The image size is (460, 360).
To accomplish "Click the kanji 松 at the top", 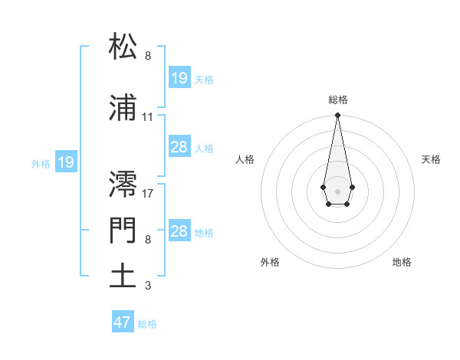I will (x=123, y=47).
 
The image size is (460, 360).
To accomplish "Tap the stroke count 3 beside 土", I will (x=147, y=286).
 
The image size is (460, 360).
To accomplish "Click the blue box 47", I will (x=123, y=322).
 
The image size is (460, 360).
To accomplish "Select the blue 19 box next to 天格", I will (x=179, y=78).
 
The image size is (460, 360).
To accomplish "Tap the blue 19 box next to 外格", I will (x=66, y=162).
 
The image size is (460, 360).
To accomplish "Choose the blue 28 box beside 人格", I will (x=179, y=147).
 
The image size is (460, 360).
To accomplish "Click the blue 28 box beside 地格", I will (x=179, y=231).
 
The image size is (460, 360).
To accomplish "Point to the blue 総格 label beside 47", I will (x=147, y=324).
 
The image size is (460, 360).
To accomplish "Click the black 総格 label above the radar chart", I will (x=337, y=100).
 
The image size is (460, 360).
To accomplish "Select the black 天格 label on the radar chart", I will (x=431, y=159).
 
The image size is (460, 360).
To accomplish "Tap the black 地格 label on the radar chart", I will (x=402, y=262).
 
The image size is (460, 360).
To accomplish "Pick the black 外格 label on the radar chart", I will (x=270, y=262).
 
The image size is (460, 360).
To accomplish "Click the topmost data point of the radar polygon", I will (x=337, y=116).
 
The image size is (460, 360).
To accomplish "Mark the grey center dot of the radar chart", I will (x=337, y=191).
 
